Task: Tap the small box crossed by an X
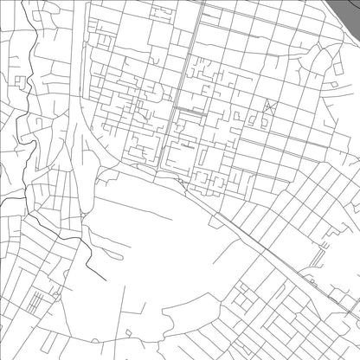(268, 107)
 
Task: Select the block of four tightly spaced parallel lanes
(35, 304)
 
